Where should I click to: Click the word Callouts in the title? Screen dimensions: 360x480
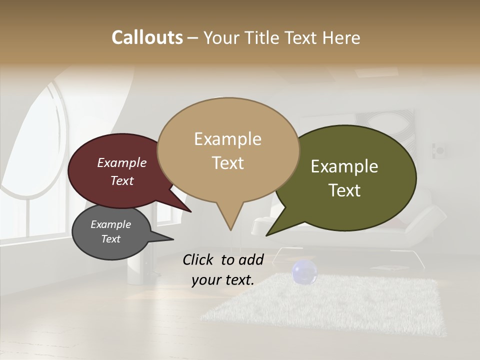point(147,37)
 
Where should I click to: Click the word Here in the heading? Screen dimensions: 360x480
point(341,37)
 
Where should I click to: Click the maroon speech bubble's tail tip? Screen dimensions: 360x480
point(190,210)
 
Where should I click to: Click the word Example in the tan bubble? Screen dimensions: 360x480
point(227,139)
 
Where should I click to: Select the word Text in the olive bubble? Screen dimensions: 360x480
point(345,190)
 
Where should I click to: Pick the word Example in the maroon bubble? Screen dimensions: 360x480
point(122,162)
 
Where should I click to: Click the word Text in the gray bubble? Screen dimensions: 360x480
point(111,239)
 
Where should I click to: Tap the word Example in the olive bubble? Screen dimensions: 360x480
point(344,166)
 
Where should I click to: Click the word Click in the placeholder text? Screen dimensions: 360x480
point(199,259)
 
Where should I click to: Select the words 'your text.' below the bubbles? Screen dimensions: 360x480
point(223,280)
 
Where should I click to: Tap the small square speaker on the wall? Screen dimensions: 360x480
point(439,149)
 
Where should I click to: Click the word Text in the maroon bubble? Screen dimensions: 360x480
point(122,180)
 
